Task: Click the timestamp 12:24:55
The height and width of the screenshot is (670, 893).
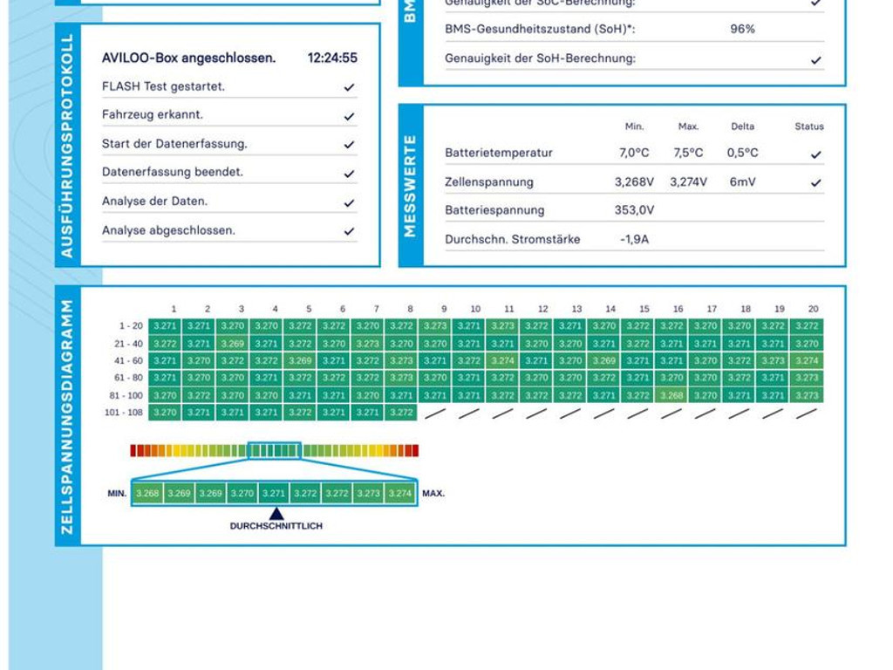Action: tap(332, 58)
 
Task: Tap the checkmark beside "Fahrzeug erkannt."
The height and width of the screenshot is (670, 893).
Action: tap(349, 116)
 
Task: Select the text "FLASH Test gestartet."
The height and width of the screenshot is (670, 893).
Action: tap(163, 86)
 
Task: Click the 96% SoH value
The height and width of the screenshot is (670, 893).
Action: tap(742, 29)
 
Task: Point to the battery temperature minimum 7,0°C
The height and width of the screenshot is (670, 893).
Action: tap(634, 153)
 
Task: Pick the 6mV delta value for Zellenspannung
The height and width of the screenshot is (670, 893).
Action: tap(742, 182)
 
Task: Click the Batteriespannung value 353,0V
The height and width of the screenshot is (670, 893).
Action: tap(634, 210)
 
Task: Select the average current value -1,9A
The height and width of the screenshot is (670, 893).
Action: tap(634, 239)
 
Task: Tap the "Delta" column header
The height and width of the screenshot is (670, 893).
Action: tap(742, 126)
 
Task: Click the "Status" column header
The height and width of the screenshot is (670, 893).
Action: tap(808, 126)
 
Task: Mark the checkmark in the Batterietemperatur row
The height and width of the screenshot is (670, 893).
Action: tap(815, 154)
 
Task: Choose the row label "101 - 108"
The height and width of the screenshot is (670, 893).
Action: tap(124, 413)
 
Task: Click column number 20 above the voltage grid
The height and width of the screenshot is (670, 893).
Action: tap(813, 309)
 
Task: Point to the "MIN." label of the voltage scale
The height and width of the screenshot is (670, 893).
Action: tap(118, 494)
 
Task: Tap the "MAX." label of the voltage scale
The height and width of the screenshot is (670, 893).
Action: tap(433, 494)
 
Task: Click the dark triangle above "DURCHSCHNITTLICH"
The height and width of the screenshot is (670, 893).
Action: tap(276, 514)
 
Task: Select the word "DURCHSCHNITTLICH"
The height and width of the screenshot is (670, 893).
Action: tap(276, 526)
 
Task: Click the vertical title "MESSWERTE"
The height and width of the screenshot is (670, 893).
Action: tap(411, 186)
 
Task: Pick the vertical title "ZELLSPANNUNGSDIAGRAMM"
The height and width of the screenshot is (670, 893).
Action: tap(67, 416)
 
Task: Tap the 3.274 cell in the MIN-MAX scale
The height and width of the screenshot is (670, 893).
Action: tap(400, 494)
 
